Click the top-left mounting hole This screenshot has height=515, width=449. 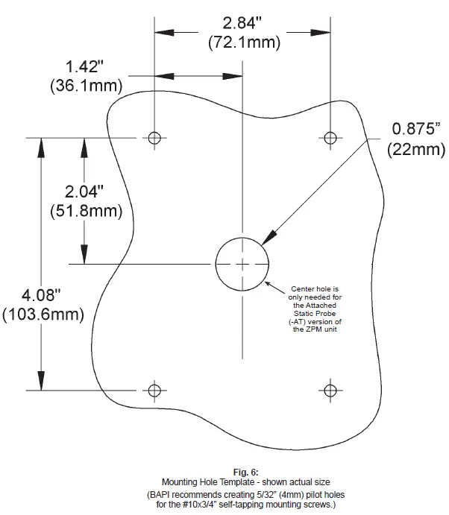click(154, 138)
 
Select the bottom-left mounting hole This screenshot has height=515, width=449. click(154, 390)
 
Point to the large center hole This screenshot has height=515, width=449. click(242, 264)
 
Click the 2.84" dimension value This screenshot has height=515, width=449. click(244, 23)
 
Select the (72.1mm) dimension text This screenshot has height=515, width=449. click(244, 42)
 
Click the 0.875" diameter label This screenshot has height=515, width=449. click(417, 130)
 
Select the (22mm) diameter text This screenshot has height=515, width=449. click(416, 149)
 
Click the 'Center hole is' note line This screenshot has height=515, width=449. click(315, 288)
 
